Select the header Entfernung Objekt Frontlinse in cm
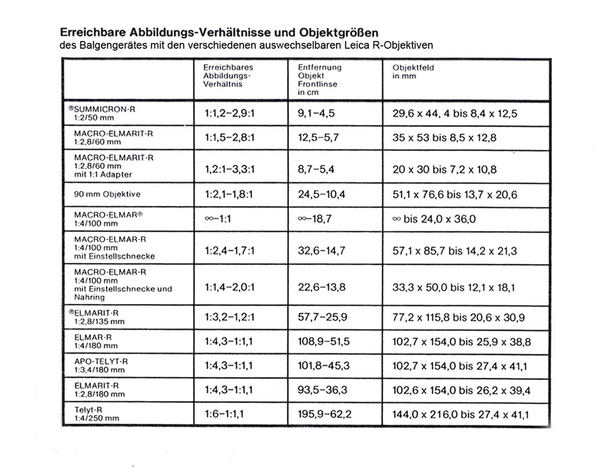320,80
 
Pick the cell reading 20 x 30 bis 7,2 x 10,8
445,169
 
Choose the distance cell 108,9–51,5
323,341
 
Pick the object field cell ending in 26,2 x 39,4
462,391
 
